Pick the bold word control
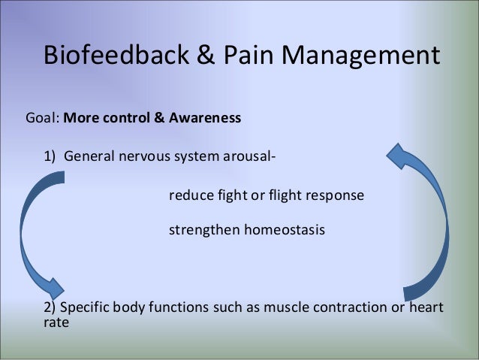tap(125, 119)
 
